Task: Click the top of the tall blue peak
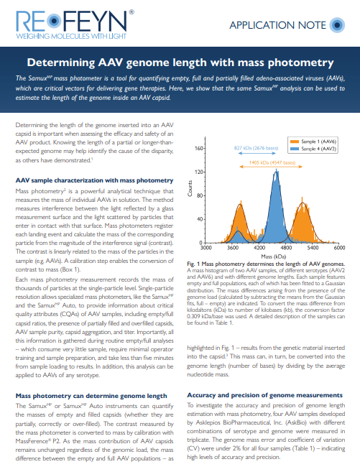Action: [x=276, y=170]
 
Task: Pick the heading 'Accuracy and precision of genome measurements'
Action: [x=264, y=394]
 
